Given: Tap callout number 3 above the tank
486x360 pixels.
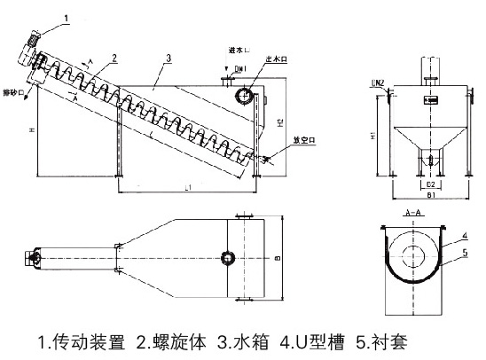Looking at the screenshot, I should [x=168, y=59].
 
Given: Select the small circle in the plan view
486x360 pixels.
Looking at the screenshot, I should [x=227, y=257].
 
